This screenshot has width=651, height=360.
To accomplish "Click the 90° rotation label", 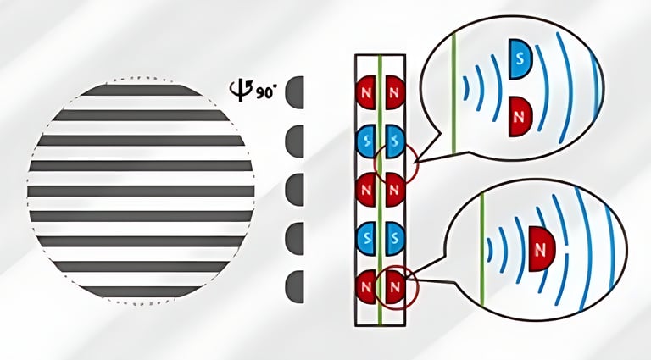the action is click(265, 89).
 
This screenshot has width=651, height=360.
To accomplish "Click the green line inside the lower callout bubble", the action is click(481, 246).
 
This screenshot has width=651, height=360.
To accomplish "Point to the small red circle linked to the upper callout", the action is click(395, 163).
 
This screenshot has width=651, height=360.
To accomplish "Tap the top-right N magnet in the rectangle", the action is click(392, 91).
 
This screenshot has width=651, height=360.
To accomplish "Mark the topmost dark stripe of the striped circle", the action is click(141, 89).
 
